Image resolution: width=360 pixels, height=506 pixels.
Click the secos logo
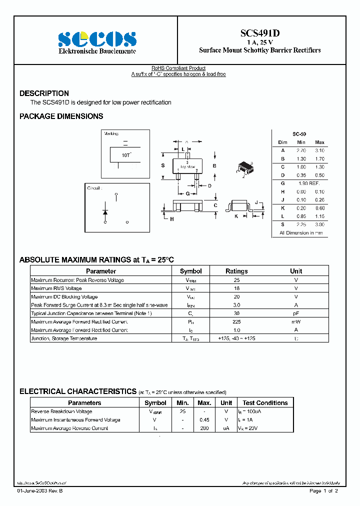[97, 39]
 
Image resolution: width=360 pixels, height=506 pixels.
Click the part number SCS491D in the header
[259, 33]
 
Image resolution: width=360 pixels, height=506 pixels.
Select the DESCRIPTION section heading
[44, 93]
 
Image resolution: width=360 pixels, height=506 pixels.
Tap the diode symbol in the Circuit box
[105, 211]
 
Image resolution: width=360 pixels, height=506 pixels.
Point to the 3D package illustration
[244, 169]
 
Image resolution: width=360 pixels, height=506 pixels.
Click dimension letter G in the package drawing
[187, 193]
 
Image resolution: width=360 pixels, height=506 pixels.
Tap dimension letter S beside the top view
[163, 165]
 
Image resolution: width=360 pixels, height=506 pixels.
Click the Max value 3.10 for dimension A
[319, 150]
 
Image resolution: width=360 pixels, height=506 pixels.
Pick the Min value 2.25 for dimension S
[301, 224]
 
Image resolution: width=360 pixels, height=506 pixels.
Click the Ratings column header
[236, 271]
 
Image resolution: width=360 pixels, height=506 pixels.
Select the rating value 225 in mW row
[236, 322]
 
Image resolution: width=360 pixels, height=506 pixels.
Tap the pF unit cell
[296, 313]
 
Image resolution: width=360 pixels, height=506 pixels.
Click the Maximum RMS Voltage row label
[56, 288]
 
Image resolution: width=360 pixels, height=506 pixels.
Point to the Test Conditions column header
[265, 403]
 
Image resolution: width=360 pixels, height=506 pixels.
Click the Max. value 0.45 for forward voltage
[204, 420]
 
